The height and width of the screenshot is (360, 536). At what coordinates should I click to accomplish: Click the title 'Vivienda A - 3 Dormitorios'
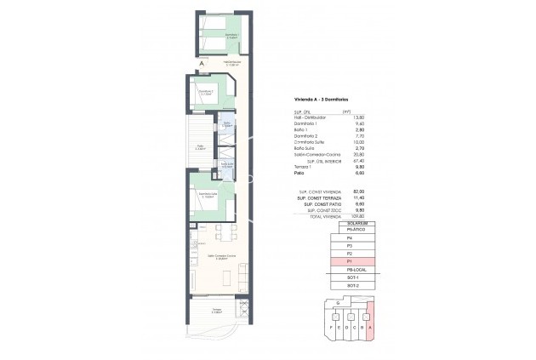312,100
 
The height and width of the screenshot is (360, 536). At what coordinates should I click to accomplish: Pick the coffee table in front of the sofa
227,274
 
